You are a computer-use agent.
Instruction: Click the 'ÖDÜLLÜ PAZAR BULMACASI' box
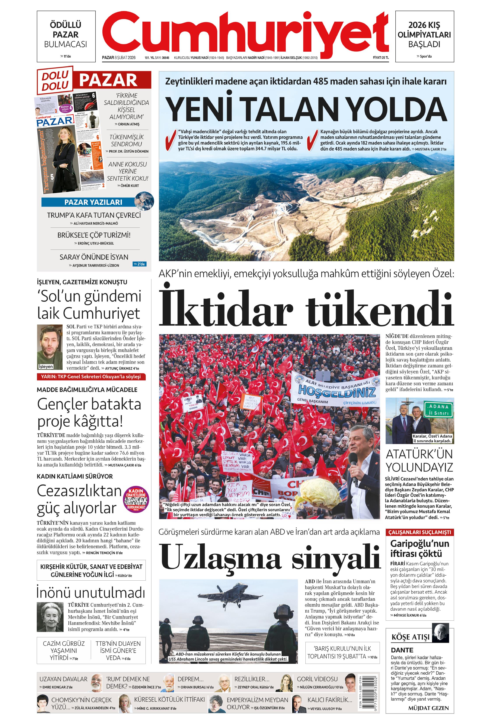(66, 36)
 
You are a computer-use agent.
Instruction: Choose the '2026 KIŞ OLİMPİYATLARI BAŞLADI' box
(424, 36)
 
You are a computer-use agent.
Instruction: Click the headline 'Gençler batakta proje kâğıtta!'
(89, 413)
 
